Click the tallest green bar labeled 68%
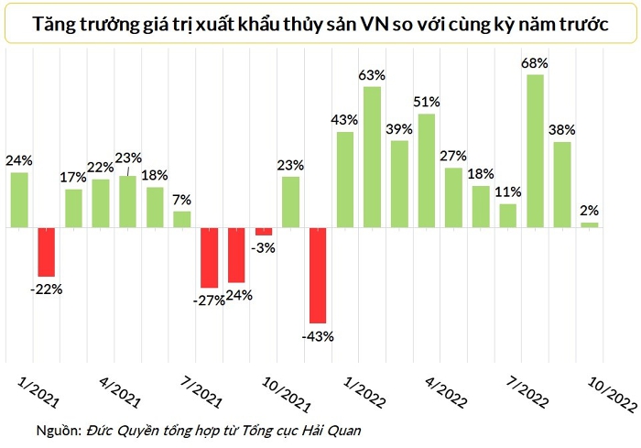coord(536,150)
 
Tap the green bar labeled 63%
coord(371,157)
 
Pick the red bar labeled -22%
coord(46,251)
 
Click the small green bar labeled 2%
coord(589,224)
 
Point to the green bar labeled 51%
coord(426,170)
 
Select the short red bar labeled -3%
coord(264,231)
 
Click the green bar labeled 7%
coord(182,219)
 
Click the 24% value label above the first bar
coord(18,159)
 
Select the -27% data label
coord(207,300)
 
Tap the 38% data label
coord(562,129)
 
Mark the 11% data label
coord(507,191)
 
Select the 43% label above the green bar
coord(344,119)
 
